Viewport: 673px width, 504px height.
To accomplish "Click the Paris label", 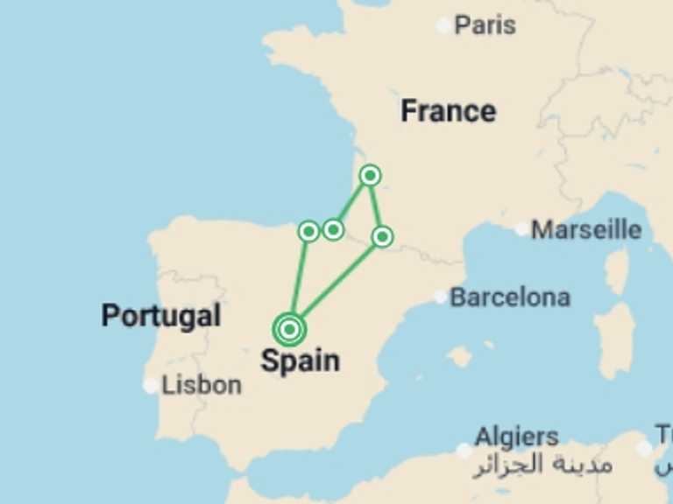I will (x=485, y=25).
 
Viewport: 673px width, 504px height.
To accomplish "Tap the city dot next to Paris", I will (x=444, y=26).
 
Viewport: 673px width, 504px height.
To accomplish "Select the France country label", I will (x=448, y=111).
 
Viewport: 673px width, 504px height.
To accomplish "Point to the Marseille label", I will (x=586, y=230).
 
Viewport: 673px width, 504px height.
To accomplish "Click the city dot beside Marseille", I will (x=522, y=229).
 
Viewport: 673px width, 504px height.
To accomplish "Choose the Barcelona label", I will (x=510, y=297).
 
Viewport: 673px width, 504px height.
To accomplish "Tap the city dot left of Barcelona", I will (x=440, y=297).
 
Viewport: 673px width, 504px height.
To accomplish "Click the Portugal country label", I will (x=161, y=315).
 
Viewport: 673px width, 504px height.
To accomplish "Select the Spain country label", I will (x=300, y=360).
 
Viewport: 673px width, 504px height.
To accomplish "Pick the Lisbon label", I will (x=202, y=384).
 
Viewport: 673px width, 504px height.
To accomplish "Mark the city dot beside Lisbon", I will (x=152, y=385).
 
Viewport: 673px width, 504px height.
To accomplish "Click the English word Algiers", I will (x=516, y=437).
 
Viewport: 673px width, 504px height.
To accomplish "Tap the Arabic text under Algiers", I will (x=543, y=464).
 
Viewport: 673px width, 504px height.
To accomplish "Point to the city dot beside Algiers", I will (x=464, y=450).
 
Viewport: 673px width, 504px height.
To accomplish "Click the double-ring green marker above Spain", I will (x=289, y=329).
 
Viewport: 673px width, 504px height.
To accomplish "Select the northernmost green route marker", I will (x=371, y=176).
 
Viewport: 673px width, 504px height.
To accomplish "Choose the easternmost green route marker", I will (x=382, y=236).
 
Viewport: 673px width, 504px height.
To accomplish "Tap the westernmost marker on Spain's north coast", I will (x=308, y=231).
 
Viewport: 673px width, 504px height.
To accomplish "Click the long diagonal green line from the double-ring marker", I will (x=336, y=283).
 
